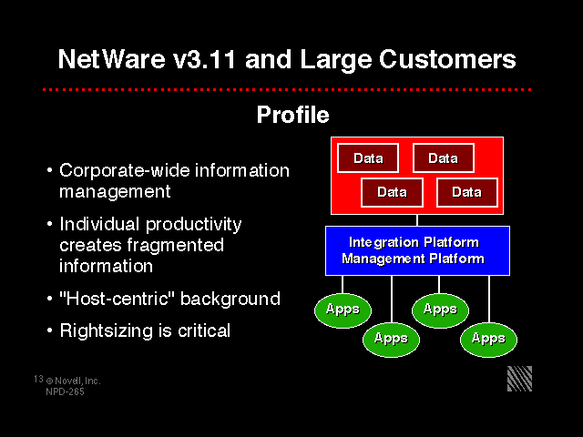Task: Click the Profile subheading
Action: pyautogui.click(x=292, y=116)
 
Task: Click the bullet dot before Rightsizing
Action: pyautogui.click(x=49, y=331)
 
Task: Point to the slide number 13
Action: pyautogui.click(x=38, y=377)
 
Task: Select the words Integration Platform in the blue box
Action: pyautogui.click(x=414, y=242)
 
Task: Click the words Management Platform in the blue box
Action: pyautogui.click(x=414, y=259)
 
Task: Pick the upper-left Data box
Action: pyautogui.click(x=368, y=158)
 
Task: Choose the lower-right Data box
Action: pyautogui.click(x=466, y=192)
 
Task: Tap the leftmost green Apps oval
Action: pyautogui.click(x=343, y=310)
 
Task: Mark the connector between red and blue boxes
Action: pyautogui.click(x=416, y=218)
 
